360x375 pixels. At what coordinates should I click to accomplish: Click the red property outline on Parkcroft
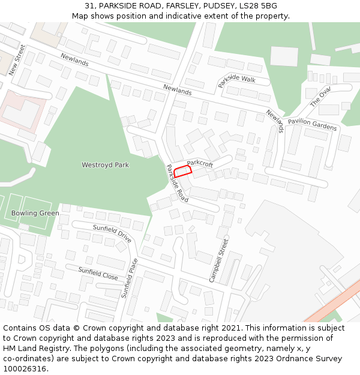point(182,170)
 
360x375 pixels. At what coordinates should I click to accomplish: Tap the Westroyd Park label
point(105,165)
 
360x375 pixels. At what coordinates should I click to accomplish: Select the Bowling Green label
point(35,213)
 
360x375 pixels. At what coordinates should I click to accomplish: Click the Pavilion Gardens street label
point(312,124)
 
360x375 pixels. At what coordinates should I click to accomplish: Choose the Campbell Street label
point(219,260)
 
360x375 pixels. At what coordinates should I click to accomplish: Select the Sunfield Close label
point(98,274)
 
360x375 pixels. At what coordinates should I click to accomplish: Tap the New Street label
point(17,59)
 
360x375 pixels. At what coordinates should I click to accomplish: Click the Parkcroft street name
point(200,163)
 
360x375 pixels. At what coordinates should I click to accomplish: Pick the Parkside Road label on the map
point(177,182)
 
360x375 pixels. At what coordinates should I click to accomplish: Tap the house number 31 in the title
point(89,6)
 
